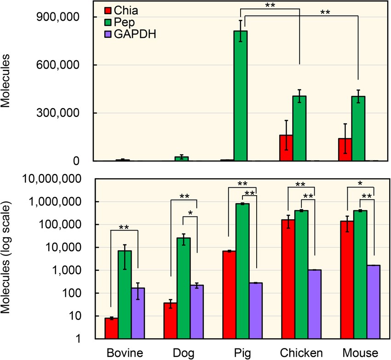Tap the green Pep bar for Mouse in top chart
(x=358, y=128)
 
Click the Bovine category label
(x=125, y=352)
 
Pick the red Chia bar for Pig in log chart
(x=229, y=295)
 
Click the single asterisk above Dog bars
(x=190, y=213)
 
